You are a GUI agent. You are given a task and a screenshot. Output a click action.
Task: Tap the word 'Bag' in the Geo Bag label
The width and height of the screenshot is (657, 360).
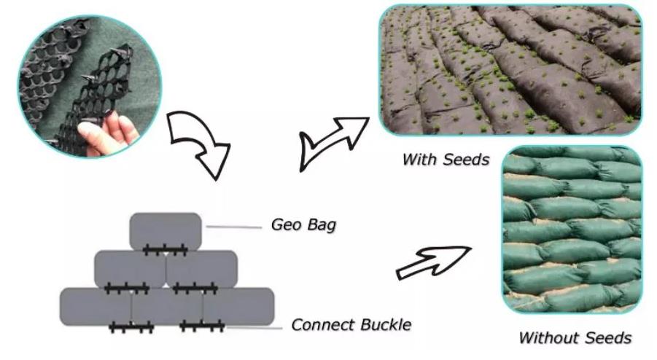(x=322, y=225)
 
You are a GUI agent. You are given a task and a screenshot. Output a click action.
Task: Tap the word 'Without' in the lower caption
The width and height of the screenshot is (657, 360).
(x=548, y=337)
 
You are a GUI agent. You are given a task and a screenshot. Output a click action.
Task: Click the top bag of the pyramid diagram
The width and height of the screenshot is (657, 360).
(x=166, y=231)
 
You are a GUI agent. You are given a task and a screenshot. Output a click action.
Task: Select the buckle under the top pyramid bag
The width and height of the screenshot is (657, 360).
(x=165, y=251)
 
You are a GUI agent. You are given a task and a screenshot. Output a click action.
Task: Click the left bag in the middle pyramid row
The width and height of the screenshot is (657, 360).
(x=131, y=269)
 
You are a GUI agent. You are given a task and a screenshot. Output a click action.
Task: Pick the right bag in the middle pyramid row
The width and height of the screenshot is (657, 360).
(x=201, y=269)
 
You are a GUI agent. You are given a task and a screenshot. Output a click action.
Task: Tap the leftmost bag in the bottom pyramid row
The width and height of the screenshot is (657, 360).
(x=96, y=306)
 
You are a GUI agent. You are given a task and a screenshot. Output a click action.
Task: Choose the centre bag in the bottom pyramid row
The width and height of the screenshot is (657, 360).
(x=167, y=306)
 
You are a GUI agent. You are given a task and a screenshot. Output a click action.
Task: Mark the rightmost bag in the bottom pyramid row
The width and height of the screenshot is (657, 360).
(x=238, y=306)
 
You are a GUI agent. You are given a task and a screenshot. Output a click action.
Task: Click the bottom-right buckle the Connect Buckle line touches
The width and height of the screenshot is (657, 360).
(x=203, y=326)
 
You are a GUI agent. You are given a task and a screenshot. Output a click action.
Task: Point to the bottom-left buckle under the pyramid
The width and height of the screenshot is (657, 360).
(x=131, y=327)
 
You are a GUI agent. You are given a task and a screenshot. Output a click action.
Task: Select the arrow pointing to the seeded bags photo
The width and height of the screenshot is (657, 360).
(x=331, y=142)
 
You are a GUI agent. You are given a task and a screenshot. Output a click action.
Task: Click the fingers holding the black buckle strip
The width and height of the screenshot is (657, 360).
(x=108, y=133)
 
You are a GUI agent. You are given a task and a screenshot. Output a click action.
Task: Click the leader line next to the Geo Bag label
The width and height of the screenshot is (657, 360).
(x=234, y=227)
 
